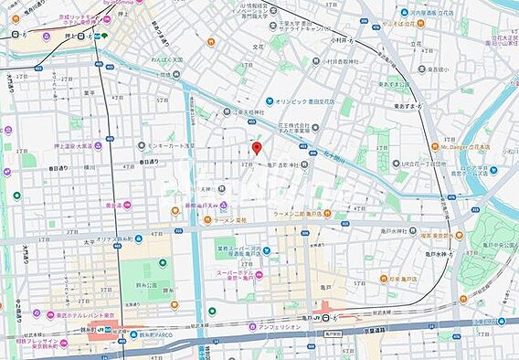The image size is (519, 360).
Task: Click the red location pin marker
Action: [x=257, y=148]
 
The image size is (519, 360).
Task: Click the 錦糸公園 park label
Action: [x=141, y=295]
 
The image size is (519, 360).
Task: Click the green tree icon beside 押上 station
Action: [x=105, y=37]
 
